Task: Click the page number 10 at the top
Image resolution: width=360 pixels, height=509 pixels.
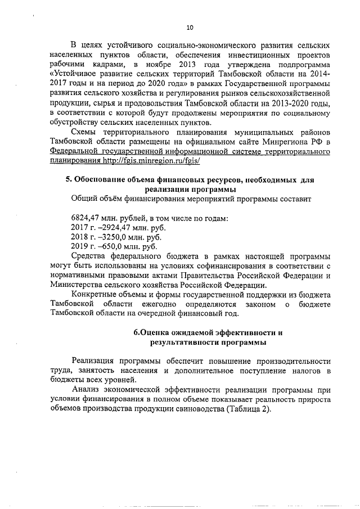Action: point(190,26)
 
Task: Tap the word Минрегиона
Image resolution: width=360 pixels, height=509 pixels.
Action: point(286,141)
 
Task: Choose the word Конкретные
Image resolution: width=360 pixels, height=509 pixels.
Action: point(97,294)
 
